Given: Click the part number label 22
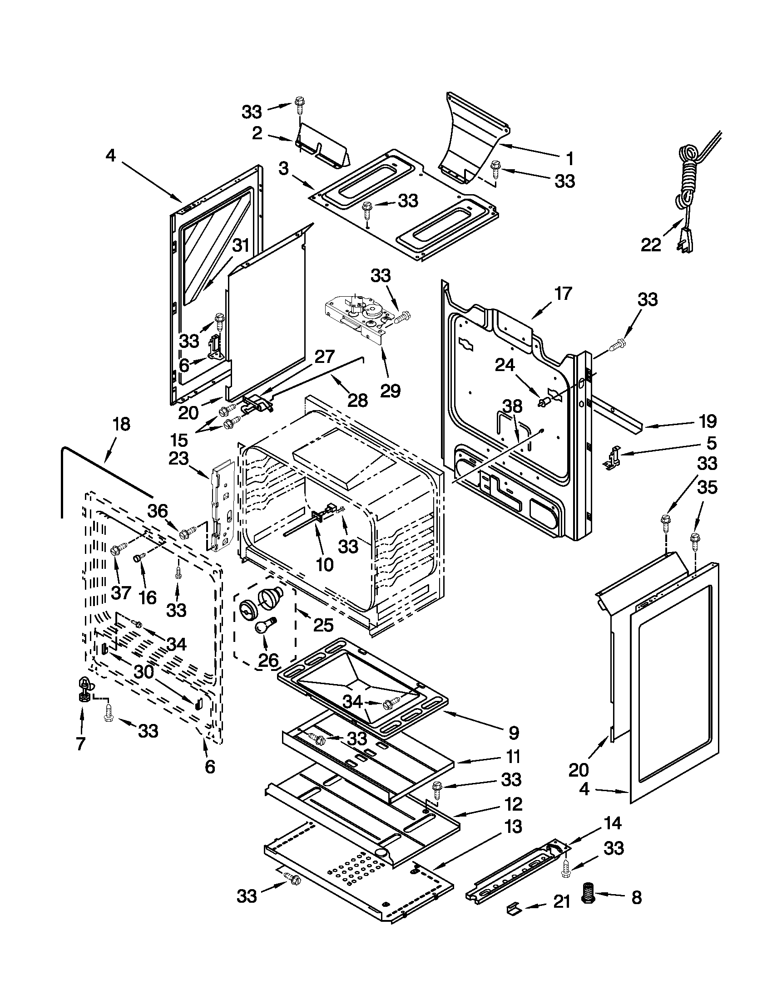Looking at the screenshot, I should [651, 245].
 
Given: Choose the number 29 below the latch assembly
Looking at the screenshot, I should [391, 391].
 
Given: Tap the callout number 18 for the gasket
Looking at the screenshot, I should [121, 425].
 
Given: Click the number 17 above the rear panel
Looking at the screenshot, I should [563, 293].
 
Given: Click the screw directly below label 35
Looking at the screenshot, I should [695, 539].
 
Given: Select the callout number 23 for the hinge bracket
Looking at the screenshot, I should [178, 458].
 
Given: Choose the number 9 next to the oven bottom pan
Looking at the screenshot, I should [513, 733].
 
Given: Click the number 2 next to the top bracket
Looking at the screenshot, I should [257, 133].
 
